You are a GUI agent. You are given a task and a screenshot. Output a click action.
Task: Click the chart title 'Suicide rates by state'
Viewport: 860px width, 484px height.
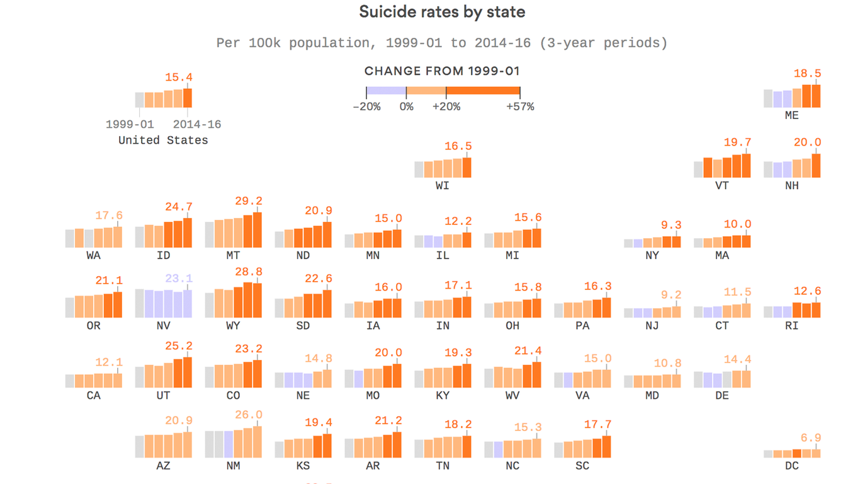(442, 12)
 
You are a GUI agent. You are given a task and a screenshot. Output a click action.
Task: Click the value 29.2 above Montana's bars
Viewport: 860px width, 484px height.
(248, 201)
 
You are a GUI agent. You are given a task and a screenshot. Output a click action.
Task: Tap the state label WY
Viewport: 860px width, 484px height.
(233, 326)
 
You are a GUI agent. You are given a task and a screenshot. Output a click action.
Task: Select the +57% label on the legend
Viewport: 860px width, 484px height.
(520, 107)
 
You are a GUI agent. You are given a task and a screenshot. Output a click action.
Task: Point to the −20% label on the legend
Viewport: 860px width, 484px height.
(366, 107)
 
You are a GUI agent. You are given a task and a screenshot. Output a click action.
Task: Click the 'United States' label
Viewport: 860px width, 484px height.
(163, 140)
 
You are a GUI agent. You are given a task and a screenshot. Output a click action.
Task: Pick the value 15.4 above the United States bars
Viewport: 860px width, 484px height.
(179, 78)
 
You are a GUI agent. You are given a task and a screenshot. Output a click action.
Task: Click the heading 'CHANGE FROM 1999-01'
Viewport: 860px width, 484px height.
(442, 71)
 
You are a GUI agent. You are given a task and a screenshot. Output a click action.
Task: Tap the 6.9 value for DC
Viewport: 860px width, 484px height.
(811, 438)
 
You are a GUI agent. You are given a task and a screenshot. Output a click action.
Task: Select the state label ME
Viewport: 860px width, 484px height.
(791, 116)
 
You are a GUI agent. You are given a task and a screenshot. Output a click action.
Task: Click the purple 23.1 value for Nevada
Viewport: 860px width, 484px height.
(179, 279)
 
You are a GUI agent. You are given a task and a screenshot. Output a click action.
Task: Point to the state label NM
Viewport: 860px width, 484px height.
(233, 466)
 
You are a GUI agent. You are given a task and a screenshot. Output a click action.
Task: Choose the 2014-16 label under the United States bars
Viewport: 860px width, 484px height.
(197, 125)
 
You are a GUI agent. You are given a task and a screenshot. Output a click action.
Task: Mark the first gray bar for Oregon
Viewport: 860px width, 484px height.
(70, 308)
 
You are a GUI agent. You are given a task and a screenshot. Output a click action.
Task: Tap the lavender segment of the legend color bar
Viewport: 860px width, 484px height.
(386, 91)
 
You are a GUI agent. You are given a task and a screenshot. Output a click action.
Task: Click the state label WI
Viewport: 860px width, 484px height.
(443, 186)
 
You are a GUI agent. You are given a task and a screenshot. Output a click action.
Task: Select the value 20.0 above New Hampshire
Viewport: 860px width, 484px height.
(807, 142)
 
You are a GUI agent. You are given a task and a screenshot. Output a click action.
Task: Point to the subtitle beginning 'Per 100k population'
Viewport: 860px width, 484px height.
(442, 43)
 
